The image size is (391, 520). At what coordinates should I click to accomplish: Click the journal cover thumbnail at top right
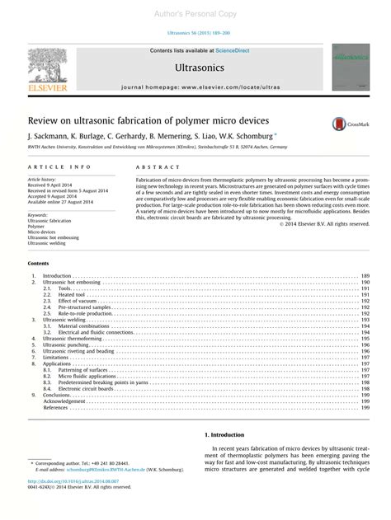[350, 69]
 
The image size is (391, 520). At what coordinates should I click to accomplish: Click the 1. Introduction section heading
[224, 434]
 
